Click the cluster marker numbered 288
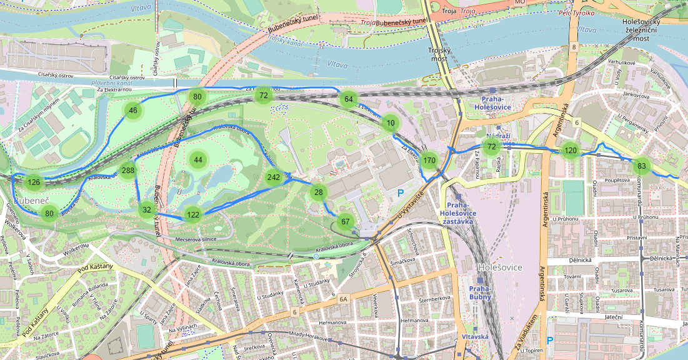click(128, 171)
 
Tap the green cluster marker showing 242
click(274, 177)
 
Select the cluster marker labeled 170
click(429, 161)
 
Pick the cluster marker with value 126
click(34, 182)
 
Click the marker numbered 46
click(132, 111)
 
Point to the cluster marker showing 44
click(198, 159)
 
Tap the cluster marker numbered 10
click(391, 123)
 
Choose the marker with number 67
click(345, 221)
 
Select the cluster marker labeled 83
click(641, 166)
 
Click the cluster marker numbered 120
click(570, 150)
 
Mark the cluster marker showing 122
click(193, 215)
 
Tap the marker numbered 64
click(349, 99)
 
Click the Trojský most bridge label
click(439, 54)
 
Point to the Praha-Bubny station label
click(480, 292)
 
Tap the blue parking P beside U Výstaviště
click(400, 193)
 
